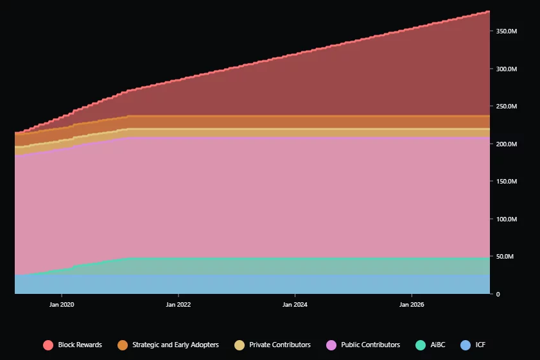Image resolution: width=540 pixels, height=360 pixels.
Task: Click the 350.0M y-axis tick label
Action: (507, 31)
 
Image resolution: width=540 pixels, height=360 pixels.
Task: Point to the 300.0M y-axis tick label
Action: (507, 69)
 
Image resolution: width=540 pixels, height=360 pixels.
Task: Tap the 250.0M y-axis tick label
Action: (507, 107)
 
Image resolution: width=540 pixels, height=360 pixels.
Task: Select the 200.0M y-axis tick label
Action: (507, 144)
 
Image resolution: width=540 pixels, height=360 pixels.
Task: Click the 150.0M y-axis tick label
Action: (507, 182)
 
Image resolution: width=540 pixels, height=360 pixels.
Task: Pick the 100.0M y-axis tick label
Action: (507, 219)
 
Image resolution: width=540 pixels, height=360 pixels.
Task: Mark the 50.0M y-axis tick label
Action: (505, 257)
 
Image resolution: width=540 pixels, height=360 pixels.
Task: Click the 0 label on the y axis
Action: (497, 294)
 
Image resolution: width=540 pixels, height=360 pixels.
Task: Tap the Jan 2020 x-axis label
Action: (62, 304)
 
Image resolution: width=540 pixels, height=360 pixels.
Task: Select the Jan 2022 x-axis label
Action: (178, 304)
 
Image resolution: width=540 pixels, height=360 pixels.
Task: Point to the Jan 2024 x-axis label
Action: (295, 304)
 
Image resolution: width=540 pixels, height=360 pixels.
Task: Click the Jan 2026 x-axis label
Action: (412, 304)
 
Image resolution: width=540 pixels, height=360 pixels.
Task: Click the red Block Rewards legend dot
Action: (48, 345)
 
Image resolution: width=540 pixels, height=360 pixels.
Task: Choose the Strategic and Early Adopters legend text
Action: (175, 345)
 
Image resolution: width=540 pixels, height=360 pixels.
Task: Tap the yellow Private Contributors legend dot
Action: (240, 345)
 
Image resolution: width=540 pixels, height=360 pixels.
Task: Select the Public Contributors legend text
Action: (370, 345)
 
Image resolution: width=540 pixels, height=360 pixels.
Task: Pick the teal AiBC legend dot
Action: (421, 345)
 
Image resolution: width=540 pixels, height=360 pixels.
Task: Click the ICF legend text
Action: (480, 345)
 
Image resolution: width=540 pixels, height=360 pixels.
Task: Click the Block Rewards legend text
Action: (80, 345)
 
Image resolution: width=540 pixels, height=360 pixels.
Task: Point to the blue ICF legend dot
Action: (466, 345)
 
